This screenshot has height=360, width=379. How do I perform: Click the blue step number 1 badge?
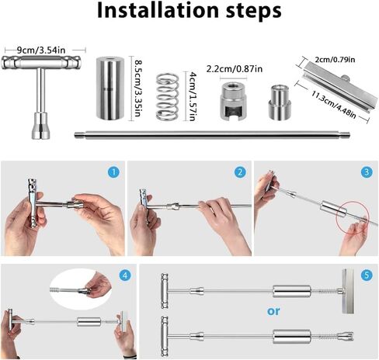pyautogui.click(x=114, y=172)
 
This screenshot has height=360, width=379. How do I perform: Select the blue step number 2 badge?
pyautogui.click(x=240, y=172)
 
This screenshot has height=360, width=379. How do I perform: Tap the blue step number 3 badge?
pyautogui.click(x=365, y=172)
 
